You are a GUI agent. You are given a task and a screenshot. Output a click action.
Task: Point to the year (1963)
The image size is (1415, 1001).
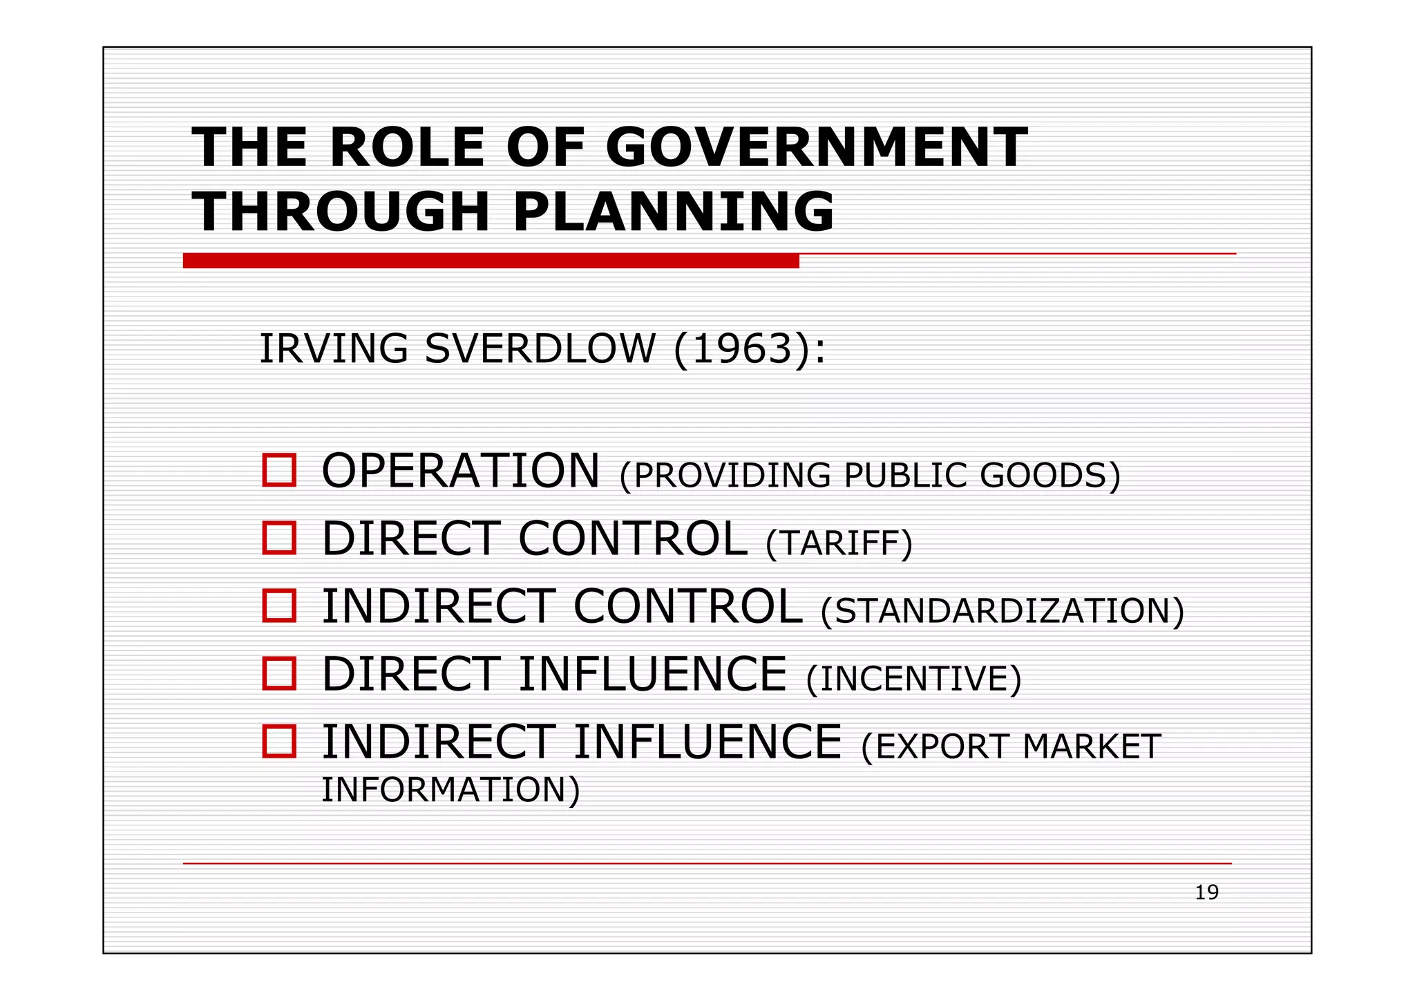(741, 348)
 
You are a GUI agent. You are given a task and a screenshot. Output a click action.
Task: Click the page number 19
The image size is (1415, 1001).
(1206, 892)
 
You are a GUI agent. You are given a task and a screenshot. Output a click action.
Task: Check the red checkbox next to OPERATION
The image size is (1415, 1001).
(279, 470)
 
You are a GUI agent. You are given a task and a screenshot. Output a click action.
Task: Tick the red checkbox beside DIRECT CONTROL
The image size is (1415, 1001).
(279, 538)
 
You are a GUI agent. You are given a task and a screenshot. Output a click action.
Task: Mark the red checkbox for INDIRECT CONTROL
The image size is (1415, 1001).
(279, 606)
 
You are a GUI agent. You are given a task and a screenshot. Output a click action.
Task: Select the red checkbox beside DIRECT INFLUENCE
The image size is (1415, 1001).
(279, 673)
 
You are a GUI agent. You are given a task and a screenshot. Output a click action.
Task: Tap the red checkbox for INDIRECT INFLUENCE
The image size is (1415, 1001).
(279, 741)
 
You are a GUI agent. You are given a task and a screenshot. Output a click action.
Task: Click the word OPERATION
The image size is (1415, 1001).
(461, 471)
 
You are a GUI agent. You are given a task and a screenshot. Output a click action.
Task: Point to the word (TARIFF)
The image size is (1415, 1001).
(839, 543)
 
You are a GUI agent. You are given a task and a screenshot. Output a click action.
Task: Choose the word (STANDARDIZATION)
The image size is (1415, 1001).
(1002, 611)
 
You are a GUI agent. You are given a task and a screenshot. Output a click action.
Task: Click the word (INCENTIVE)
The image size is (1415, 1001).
(913, 679)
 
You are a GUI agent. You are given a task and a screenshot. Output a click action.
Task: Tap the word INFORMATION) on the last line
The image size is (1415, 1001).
(450, 789)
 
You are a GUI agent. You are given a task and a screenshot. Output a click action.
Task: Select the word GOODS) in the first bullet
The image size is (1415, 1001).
(1050, 476)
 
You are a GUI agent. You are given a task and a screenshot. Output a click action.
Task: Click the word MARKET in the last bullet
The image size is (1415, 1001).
(1092, 747)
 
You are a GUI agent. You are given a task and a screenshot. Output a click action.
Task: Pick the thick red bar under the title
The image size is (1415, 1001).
(491, 261)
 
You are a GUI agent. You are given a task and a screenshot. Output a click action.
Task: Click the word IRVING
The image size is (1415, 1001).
(333, 348)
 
